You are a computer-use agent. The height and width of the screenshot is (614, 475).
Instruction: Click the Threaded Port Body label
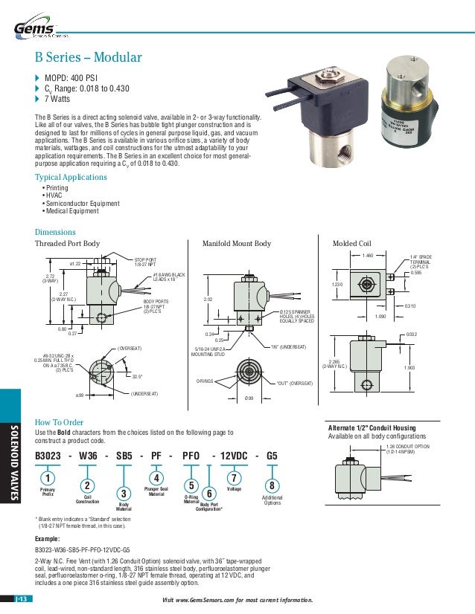tap(68, 243)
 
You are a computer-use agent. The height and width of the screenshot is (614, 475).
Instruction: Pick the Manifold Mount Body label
tap(238, 243)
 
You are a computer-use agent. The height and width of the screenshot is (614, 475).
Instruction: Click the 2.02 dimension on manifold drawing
tap(210, 299)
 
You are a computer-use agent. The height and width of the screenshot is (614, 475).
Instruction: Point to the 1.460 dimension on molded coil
tap(367, 256)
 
